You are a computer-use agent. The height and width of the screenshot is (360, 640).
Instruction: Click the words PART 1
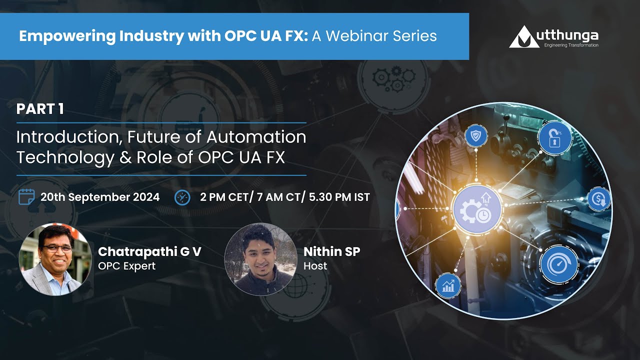click(40, 109)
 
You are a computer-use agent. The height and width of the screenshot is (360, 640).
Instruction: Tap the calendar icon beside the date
click(26, 197)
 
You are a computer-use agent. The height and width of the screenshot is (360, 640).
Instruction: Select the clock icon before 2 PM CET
click(182, 197)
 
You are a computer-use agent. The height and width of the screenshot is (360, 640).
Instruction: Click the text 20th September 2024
click(100, 197)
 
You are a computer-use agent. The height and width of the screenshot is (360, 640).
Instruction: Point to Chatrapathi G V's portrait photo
click(55, 259)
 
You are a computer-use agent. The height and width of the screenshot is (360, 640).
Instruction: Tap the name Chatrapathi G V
click(149, 251)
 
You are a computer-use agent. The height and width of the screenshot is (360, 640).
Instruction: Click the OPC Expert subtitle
click(126, 266)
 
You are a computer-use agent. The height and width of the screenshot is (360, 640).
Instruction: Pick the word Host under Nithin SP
click(315, 266)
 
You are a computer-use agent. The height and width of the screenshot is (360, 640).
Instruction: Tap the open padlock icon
click(554, 138)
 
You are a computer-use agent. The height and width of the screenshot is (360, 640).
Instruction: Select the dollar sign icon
click(598, 199)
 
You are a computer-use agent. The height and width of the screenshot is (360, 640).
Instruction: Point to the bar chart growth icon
click(448, 285)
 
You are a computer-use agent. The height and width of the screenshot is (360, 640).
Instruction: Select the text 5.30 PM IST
click(340, 197)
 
